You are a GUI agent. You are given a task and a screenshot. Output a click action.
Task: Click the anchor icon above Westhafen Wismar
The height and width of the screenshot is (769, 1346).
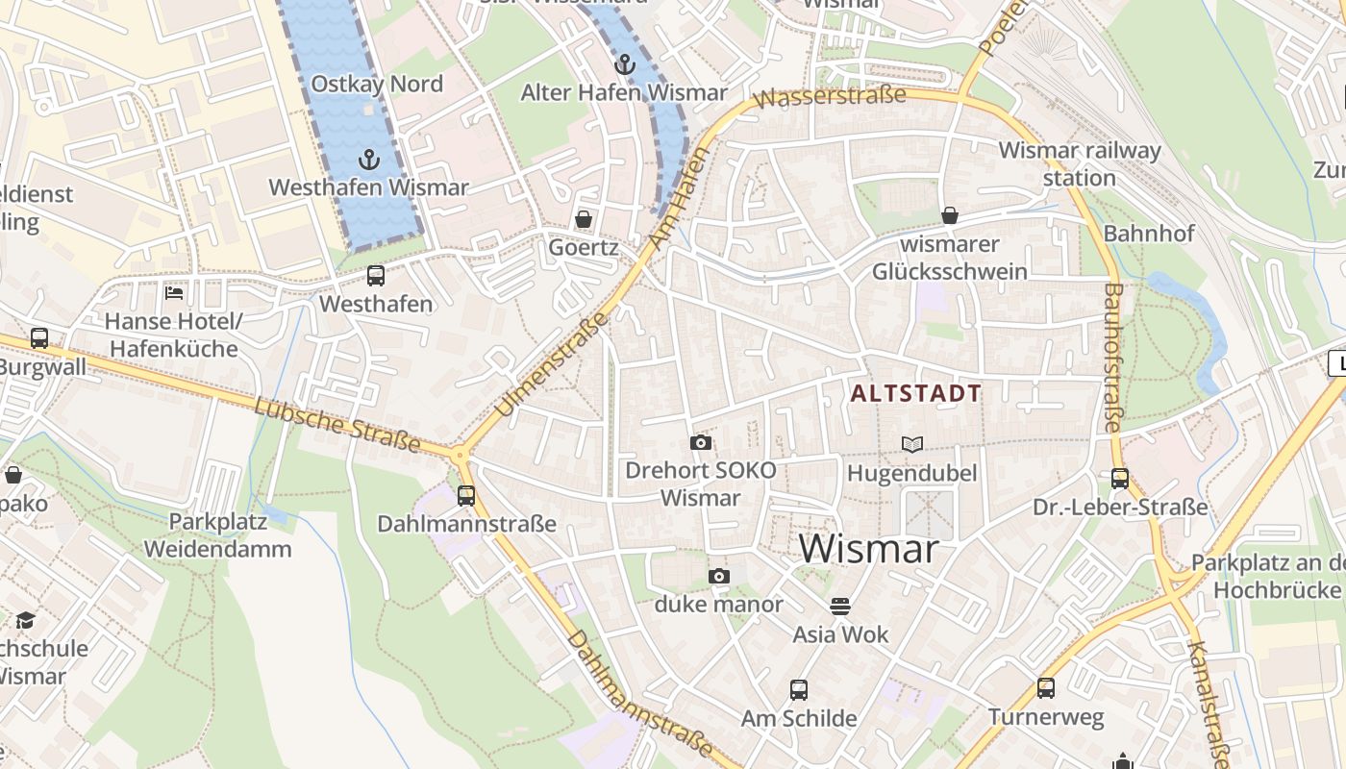click(x=368, y=159)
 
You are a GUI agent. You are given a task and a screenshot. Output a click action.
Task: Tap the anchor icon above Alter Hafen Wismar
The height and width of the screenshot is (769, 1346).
click(x=625, y=64)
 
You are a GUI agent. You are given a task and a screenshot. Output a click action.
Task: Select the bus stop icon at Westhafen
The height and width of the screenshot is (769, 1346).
click(x=376, y=276)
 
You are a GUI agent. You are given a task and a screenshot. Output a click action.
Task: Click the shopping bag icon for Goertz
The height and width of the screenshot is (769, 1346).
click(x=583, y=219)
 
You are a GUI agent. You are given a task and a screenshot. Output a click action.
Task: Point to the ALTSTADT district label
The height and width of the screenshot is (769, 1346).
click(x=916, y=393)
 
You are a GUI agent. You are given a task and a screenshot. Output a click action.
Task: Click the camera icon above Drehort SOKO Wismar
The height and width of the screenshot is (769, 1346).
click(x=701, y=443)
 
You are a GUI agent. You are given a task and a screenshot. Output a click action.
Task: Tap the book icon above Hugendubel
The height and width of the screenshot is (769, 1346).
click(x=911, y=444)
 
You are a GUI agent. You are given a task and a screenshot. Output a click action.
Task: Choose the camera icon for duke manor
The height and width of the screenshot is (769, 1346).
click(x=718, y=577)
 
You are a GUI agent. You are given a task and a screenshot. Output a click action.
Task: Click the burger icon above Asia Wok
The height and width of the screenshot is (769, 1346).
click(x=840, y=607)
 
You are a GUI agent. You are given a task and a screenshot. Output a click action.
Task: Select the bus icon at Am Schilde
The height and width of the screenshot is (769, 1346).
click(x=798, y=689)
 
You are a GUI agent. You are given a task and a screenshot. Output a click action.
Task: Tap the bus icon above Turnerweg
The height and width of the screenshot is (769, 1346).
click(x=1046, y=688)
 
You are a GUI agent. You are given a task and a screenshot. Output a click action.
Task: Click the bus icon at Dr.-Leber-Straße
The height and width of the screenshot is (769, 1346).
click(x=1120, y=479)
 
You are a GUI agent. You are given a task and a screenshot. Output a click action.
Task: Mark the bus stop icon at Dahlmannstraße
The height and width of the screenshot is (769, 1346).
click(x=466, y=496)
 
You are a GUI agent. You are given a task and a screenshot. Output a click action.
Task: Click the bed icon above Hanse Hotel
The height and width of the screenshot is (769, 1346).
click(x=174, y=292)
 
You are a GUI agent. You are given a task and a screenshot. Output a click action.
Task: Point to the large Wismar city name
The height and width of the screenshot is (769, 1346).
click(x=868, y=549)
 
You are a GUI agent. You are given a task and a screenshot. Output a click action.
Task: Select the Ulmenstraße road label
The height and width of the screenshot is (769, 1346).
click(x=552, y=365)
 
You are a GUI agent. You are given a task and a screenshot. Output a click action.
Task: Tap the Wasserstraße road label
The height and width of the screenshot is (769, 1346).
click(x=831, y=97)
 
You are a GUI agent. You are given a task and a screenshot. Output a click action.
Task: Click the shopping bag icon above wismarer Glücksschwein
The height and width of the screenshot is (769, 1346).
click(x=950, y=215)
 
